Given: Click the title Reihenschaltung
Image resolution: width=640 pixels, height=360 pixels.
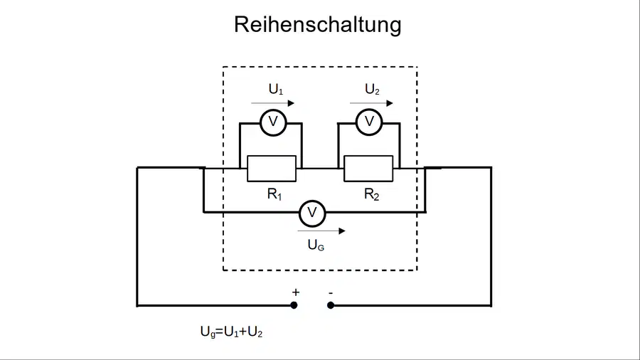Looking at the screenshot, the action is [318, 24].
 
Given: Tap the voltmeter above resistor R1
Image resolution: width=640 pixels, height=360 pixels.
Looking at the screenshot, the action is [273, 122].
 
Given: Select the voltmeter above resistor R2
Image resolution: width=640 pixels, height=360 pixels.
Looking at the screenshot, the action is [369, 122].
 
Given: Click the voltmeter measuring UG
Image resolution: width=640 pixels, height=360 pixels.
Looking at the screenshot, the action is [312, 213].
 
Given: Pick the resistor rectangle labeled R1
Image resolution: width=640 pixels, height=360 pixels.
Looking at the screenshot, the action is [272, 169].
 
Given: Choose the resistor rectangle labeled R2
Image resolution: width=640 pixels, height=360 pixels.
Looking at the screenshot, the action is [368, 169].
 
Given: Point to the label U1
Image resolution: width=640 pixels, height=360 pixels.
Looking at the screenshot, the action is [275, 89].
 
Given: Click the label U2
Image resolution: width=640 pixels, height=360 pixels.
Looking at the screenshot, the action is [372, 89].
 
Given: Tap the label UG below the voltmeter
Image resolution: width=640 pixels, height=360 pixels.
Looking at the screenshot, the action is [316, 245].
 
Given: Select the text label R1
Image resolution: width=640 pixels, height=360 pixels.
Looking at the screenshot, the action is [274, 194].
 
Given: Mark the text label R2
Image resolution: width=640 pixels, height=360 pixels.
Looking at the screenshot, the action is [371, 194].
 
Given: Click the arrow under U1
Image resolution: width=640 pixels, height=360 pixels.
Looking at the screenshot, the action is [272, 103].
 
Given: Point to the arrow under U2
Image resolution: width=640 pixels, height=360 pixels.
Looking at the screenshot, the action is [371, 103].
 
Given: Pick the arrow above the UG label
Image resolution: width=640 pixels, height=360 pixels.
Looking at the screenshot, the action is [321, 231].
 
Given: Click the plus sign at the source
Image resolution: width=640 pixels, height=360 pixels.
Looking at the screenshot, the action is [296, 292].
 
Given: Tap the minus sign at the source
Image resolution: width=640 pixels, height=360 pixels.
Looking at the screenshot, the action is [331, 292].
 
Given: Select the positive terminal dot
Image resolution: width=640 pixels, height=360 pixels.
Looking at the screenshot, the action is [294, 305].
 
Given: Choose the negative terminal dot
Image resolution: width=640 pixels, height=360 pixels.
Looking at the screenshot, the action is [331, 305].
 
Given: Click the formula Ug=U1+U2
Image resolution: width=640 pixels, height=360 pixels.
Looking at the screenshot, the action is [231, 332].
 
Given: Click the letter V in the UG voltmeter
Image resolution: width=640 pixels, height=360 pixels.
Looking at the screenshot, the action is [312, 213].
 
